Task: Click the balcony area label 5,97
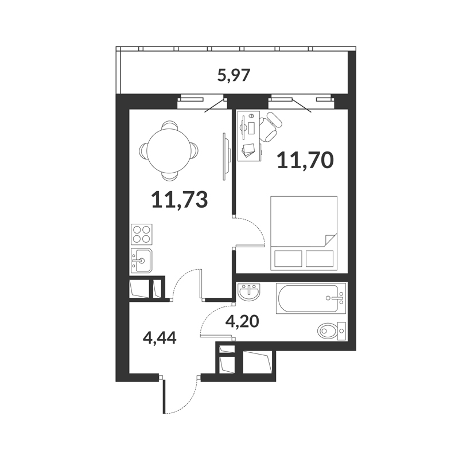pyautogui.click(x=234, y=76)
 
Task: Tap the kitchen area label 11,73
pyautogui.click(x=180, y=199)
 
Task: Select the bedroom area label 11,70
pyautogui.click(x=305, y=160)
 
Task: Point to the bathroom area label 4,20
pyautogui.click(x=242, y=322)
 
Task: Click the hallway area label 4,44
pyautogui.click(x=160, y=339)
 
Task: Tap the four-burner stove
pyautogui.click(x=142, y=234)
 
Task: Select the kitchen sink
pyautogui.click(x=141, y=260)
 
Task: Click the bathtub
pyautogui.click(x=311, y=298)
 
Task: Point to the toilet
pyautogui.click(x=332, y=331)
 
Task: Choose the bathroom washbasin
pyautogui.click(x=248, y=292)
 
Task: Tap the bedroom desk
pyautogui.click(x=249, y=136)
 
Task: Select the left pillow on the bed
pyautogui.click(x=289, y=259)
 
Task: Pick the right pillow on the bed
pyautogui.click(x=320, y=259)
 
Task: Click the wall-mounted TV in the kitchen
pyautogui.click(x=225, y=157)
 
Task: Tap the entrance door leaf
pyautogui.click(x=165, y=396)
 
